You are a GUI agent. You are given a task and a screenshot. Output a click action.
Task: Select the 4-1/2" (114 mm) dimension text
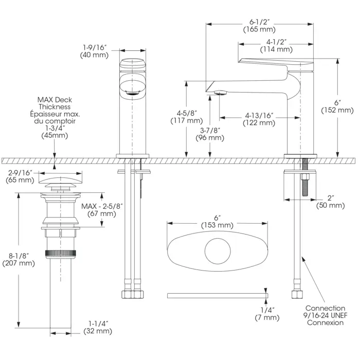[276, 45]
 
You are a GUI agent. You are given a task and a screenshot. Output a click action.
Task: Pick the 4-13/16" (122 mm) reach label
[260, 119]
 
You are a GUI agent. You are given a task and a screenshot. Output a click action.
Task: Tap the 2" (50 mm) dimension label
[330, 201]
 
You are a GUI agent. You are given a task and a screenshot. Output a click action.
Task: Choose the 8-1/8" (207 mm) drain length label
[18, 259]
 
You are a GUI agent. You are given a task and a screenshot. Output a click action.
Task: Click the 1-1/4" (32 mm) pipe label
[97, 327]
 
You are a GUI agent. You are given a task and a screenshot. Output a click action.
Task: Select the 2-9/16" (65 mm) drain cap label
[19, 176]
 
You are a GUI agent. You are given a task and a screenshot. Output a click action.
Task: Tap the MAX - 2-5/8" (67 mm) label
[102, 209]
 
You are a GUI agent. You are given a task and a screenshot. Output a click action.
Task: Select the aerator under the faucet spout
[221, 93]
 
